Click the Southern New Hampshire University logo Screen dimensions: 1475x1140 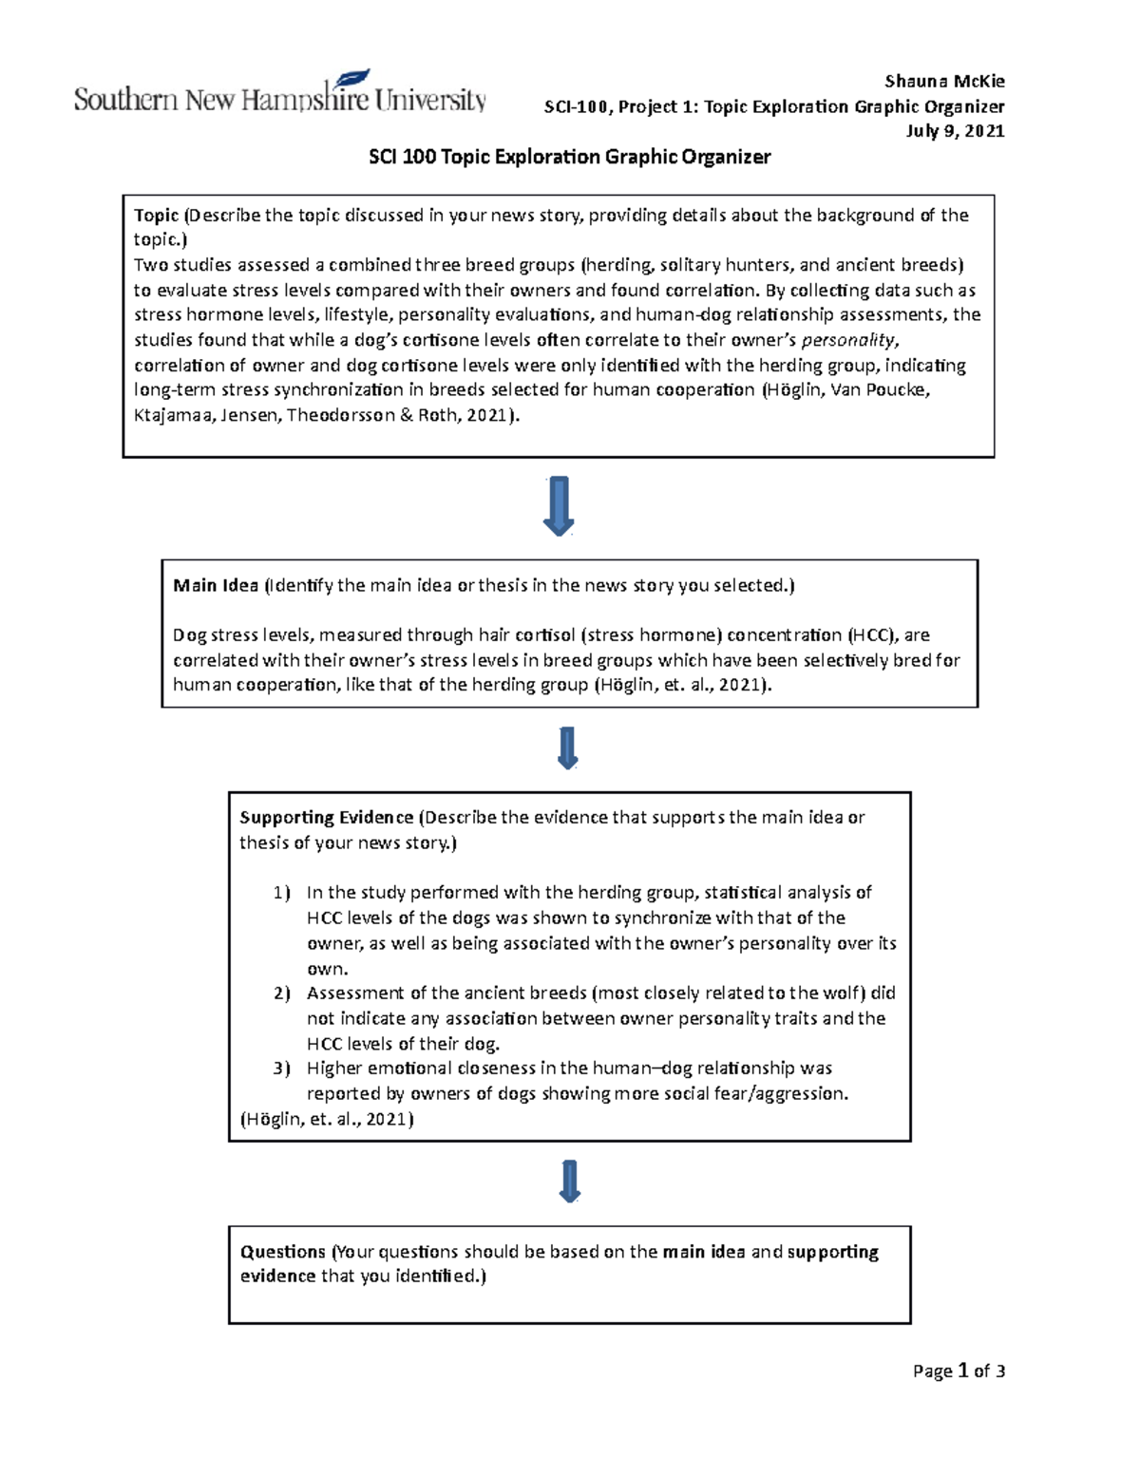[280, 93]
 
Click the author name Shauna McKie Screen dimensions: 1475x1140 [944, 82]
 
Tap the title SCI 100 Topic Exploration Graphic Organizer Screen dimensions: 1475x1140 [569, 158]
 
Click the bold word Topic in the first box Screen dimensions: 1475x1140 [157, 216]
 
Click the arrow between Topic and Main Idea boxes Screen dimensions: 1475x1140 [559, 505]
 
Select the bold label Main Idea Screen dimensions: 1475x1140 [216, 586]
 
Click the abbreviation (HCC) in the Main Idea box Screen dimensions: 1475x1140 [871, 635]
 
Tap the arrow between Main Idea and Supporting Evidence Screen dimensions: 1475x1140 [568, 747]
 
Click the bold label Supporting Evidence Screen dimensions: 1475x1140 [326, 818]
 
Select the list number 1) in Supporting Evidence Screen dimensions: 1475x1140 [281, 893]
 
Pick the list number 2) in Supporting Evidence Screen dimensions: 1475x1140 [281, 993]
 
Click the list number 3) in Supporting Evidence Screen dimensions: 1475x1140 [281, 1068]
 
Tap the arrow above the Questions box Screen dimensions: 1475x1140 [570, 1181]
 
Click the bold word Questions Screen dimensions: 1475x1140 [283, 1252]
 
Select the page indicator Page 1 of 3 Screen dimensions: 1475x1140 [959, 1371]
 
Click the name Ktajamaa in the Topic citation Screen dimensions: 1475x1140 [173, 416]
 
